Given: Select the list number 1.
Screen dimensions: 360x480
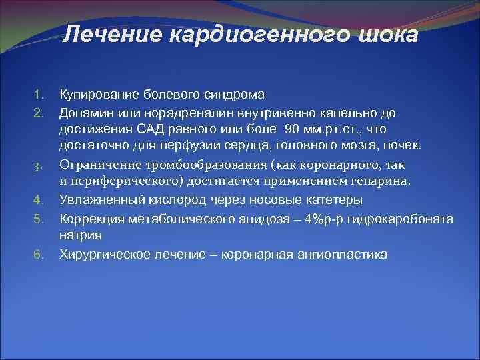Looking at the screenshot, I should click(39, 94).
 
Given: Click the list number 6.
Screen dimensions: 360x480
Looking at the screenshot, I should click(39, 255).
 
